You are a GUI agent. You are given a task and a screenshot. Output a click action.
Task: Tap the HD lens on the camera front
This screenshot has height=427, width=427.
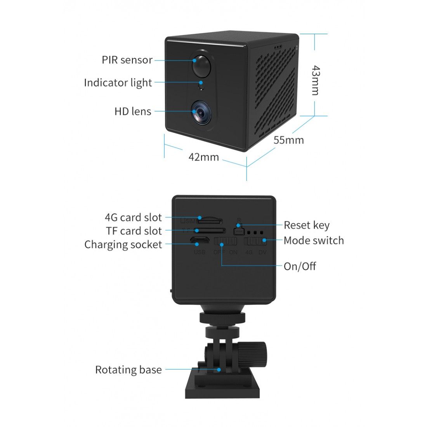pyautogui.click(x=201, y=112)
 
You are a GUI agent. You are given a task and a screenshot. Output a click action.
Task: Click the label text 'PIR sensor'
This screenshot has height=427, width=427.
pyautogui.click(x=127, y=60)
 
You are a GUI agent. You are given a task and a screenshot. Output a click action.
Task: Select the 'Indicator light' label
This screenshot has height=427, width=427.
pyautogui.click(x=118, y=83)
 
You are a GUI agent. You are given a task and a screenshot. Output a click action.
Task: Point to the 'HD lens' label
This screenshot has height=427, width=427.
pyautogui.click(x=133, y=111)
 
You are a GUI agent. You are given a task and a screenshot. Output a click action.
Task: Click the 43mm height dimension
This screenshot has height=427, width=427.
pyautogui.click(x=316, y=80)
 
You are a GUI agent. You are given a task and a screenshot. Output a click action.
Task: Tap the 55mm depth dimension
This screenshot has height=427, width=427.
pyautogui.click(x=288, y=140)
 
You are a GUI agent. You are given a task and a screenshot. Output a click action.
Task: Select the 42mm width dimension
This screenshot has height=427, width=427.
pyautogui.click(x=203, y=157)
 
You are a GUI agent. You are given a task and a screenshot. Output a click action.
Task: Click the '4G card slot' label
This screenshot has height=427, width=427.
pyautogui.click(x=133, y=217)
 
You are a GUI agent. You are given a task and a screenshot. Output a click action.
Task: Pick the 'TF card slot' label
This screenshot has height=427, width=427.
pyautogui.click(x=134, y=231)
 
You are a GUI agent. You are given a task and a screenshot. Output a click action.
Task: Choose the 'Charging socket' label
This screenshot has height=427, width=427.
pyautogui.click(x=123, y=245)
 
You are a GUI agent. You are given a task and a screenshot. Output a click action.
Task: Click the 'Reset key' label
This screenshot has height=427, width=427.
pyautogui.click(x=306, y=225)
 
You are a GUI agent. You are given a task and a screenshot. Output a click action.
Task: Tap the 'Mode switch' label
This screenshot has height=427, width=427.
pyautogui.click(x=314, y=240)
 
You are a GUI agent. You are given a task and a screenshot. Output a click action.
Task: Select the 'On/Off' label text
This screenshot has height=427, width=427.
pyautogui.click(x=300, y=266)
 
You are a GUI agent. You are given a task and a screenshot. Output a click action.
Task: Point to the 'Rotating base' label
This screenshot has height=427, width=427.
pyautogui.click(x=128, y=370)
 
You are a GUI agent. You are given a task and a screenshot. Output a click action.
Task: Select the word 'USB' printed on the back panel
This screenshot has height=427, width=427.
pyautogui.click(x=200, y=252)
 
